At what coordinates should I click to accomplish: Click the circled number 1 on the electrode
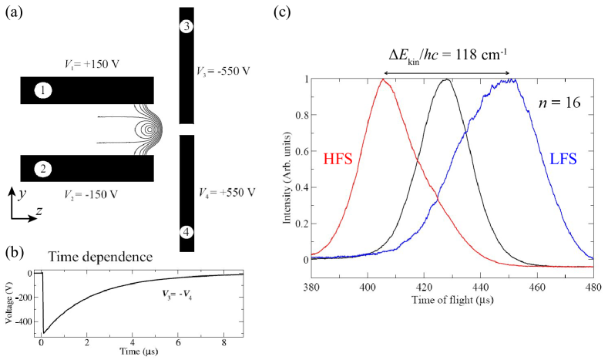(45, 91)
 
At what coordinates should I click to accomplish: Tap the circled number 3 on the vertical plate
(186, 27)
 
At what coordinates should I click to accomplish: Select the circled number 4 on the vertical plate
(186, 232)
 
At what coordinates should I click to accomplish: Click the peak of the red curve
(382, 79)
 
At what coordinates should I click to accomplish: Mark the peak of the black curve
(445, 79)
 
